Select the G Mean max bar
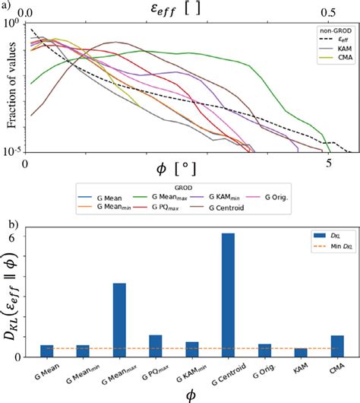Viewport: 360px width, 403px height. (118, 319)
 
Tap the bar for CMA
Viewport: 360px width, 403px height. (337, 346)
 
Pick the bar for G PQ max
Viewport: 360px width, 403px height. (156, 346)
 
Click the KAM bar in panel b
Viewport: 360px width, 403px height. (301, 352)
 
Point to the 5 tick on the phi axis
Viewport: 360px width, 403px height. (329, 163)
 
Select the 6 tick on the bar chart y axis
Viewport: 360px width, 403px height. (21, 239)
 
